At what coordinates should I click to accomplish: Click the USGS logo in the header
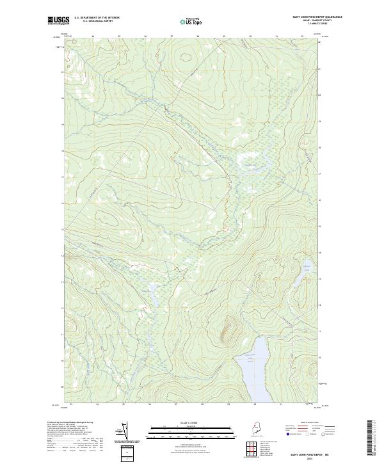coord(58,20)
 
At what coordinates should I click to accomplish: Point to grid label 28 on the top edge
coord(198,36)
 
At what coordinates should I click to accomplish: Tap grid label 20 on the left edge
coord(62,99)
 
